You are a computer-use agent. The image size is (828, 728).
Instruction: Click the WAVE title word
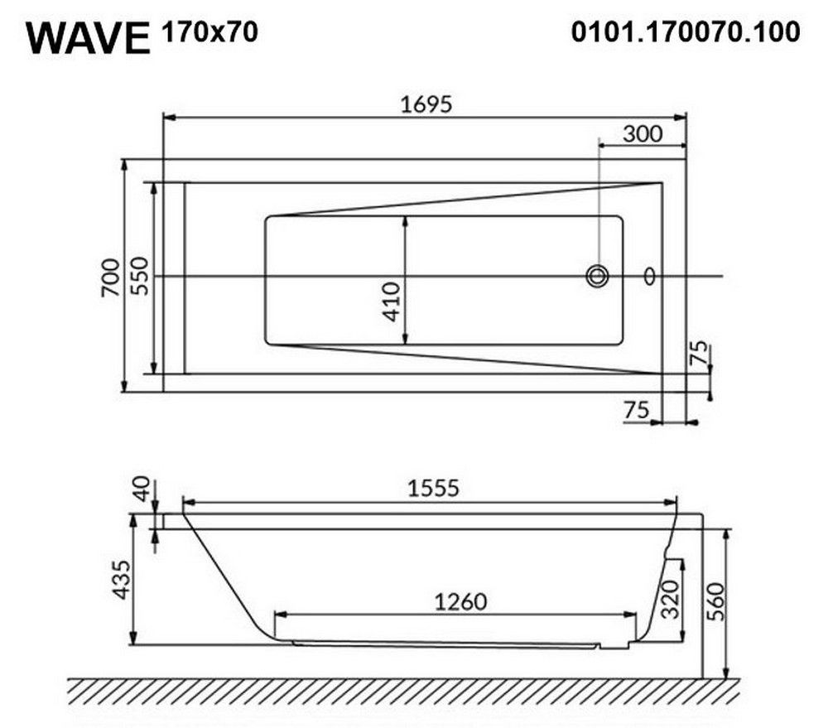click(x=89, y=39)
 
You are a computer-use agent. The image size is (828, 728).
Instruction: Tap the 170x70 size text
click(x=209, y=32)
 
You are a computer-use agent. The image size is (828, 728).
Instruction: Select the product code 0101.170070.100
click(x=686, y=32)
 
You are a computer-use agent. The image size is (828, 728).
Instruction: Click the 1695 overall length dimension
click(x=426, y=104)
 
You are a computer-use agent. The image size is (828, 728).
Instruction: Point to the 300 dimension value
click(x=643, y=133)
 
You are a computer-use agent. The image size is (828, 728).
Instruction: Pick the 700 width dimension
click(x=111, y=277)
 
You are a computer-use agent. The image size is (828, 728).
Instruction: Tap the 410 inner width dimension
click(x=392, y=301)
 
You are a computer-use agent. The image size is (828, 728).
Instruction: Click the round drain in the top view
click(x=597, y=277)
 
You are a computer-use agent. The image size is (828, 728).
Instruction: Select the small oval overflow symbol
click(x=649, y=276)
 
